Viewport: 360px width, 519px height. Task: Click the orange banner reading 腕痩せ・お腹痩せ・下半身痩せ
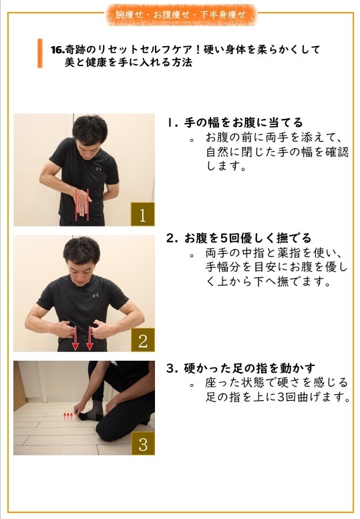[180, 13]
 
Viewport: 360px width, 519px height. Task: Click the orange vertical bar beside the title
[40, 53]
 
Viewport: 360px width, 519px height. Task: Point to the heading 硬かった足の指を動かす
[249, 368]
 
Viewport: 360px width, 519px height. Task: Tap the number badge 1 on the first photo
[142, 214]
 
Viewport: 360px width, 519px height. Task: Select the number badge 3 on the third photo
[142, 444]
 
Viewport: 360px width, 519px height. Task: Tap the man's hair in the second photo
[81, 248]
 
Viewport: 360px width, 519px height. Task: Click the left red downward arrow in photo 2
[75, 338]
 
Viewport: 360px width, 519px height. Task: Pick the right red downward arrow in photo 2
[90, 338]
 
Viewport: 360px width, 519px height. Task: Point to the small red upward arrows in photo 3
[67, 416]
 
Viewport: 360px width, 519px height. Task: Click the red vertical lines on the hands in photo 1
[83, 204]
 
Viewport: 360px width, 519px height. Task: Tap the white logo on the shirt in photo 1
[98, 169]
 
